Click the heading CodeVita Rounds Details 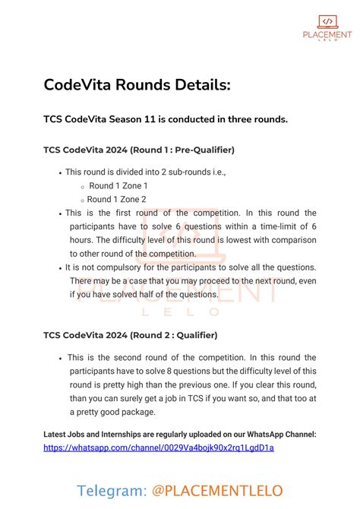click(x=137, y=86)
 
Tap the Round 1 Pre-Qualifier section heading click(x=139, y=150)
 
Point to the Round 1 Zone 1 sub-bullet click(x=118, y=185)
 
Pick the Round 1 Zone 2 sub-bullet click(x=118, y=199)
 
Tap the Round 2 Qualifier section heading click(x=131, y=335)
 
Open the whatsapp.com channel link click(x=159, y=447)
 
